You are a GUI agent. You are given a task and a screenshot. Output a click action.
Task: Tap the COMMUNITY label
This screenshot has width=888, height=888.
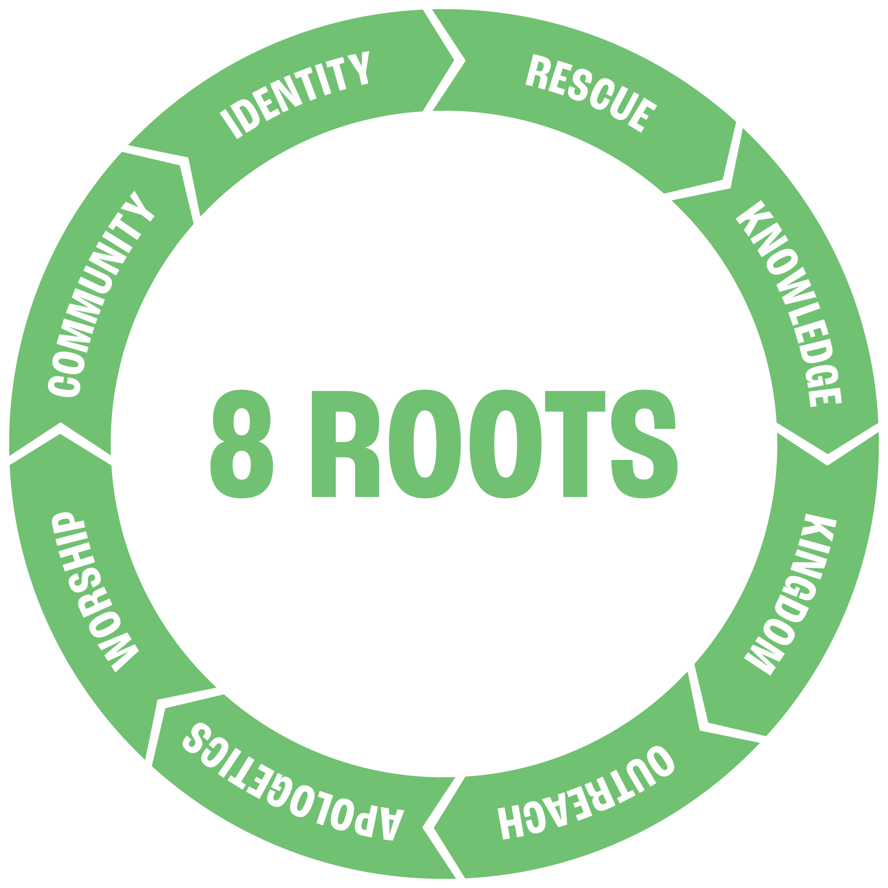coord(101,294)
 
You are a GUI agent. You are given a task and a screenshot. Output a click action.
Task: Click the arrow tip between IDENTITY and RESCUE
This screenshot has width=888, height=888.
coord(463,60)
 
